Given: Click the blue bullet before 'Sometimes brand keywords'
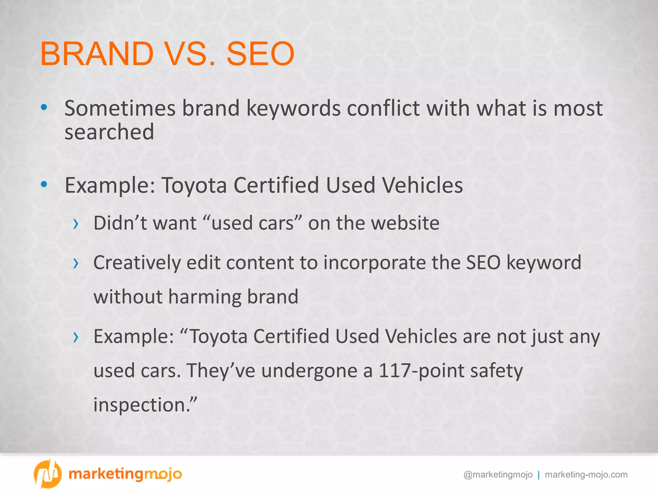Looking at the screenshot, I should point(44,107).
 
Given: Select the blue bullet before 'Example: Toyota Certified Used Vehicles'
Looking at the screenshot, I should point(44,184).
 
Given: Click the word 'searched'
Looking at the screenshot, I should point(109,132).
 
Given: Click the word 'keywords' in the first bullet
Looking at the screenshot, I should point(293,109).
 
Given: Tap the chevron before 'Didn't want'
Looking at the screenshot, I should point(76,224).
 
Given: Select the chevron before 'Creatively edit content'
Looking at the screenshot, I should point(76,263).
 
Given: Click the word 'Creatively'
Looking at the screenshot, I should point(137,263).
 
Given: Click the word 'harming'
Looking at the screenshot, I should point(205,297).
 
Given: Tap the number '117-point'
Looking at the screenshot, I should point(421,371).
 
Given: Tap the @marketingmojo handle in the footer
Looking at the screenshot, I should point(498,475).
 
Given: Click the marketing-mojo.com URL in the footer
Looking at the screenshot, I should point(586,475).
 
